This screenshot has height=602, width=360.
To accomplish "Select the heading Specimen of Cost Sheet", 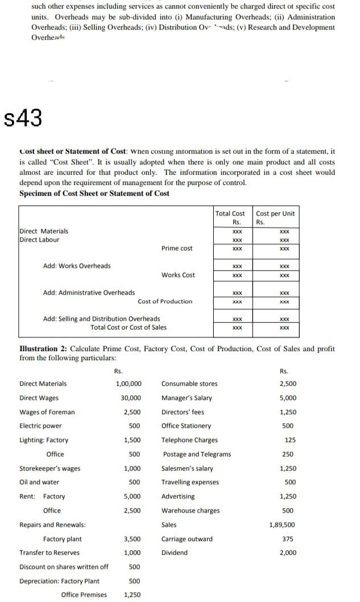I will point(94,193).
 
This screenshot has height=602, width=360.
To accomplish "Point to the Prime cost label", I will point(177,248).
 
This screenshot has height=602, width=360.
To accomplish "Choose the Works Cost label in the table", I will point(178,275).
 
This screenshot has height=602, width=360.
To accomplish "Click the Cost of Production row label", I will point(165,301).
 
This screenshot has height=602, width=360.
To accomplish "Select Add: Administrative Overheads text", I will point(89,292).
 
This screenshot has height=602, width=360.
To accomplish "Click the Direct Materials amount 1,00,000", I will point(129,384).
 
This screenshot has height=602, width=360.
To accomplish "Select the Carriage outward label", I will point(187,539).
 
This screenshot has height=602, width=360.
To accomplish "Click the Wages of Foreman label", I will point(47,412).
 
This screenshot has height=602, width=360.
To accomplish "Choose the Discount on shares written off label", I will point(64,567).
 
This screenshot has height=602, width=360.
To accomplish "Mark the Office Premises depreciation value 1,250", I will point(133,595).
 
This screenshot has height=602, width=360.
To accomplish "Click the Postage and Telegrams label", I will point(197,454).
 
